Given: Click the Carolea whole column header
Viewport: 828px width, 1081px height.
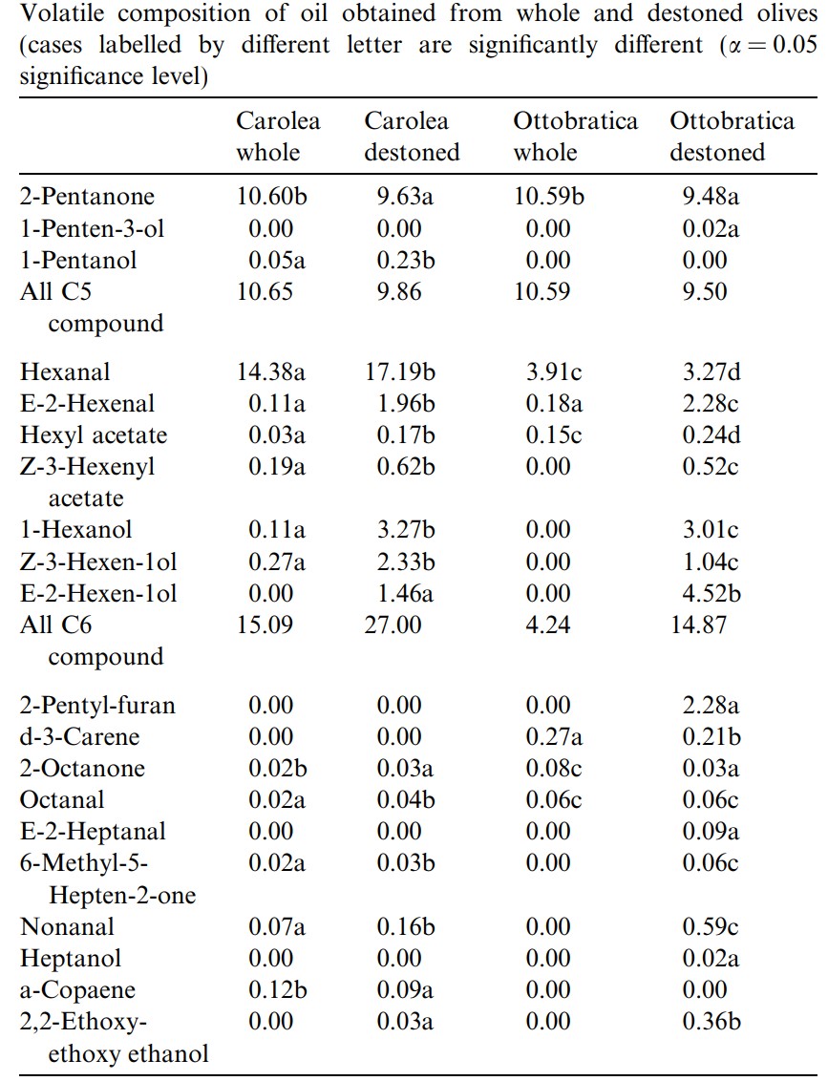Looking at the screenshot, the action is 278,137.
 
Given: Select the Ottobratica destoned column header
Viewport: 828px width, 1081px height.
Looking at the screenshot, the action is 732,137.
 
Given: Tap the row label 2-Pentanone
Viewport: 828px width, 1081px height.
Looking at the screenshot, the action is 87,197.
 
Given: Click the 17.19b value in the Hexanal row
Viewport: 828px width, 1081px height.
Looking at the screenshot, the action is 400,372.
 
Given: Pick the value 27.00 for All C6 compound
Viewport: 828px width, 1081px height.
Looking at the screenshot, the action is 393,625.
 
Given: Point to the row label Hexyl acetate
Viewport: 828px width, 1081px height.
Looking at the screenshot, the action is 94,435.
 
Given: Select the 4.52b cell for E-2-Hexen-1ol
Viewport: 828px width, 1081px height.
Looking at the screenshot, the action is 711,594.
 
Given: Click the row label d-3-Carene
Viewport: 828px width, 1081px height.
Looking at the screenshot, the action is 79,737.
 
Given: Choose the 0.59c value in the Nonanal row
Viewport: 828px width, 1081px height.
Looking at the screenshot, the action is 711,926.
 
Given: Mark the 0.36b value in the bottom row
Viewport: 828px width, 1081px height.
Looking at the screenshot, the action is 711,1022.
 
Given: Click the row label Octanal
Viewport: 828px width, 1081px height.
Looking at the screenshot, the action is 62,799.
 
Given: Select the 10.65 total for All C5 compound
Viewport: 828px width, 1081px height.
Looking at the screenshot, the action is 265,291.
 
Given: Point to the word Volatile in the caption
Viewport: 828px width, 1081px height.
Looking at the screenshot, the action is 66,13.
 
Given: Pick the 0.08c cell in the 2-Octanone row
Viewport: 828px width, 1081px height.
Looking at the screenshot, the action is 554,769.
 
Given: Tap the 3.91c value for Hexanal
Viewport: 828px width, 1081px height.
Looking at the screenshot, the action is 554,372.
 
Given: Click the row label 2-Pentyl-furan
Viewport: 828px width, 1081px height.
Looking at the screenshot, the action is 98,706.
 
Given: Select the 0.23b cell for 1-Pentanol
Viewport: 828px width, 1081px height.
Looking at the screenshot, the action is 405,261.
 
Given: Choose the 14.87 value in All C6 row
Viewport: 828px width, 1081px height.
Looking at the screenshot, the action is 698,625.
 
